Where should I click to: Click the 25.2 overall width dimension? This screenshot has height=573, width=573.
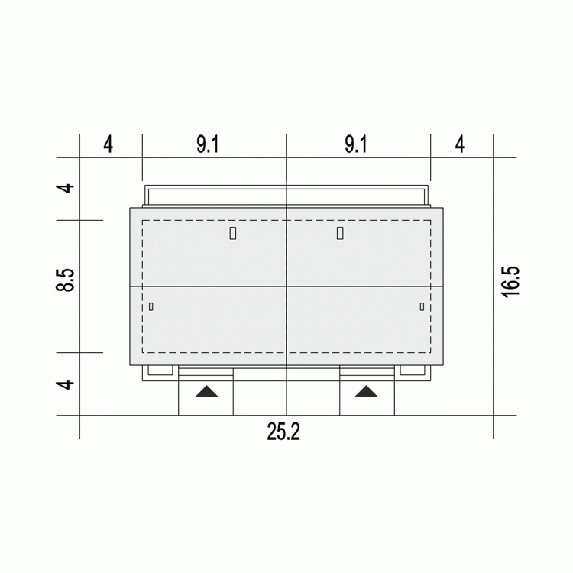pyautogui.click(x=283, y=432)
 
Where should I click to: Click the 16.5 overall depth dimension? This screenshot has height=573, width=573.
pyautogui.click(x=510, y=282)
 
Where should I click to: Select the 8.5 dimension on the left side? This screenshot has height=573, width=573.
pyautogui.click(x=65, y=280)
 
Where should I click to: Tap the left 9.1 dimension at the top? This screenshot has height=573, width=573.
pyautogui.click(x=208, y=144)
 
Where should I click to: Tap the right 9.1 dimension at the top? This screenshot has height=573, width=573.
pyautogui.click(x=356, y=144)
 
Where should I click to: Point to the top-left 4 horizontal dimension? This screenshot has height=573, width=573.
pyautogui.click(x=108, y=144)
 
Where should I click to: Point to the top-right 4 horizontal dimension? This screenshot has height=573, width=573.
pyautogui.click(x=460, y=144)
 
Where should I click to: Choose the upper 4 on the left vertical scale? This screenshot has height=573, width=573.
pyautogui.click(x=65, y=188)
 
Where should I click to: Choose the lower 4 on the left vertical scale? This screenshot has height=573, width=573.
pyautogui.click(x=65, y=384)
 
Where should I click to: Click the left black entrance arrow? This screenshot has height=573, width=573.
pyautogui.click(x=206, y=391)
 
